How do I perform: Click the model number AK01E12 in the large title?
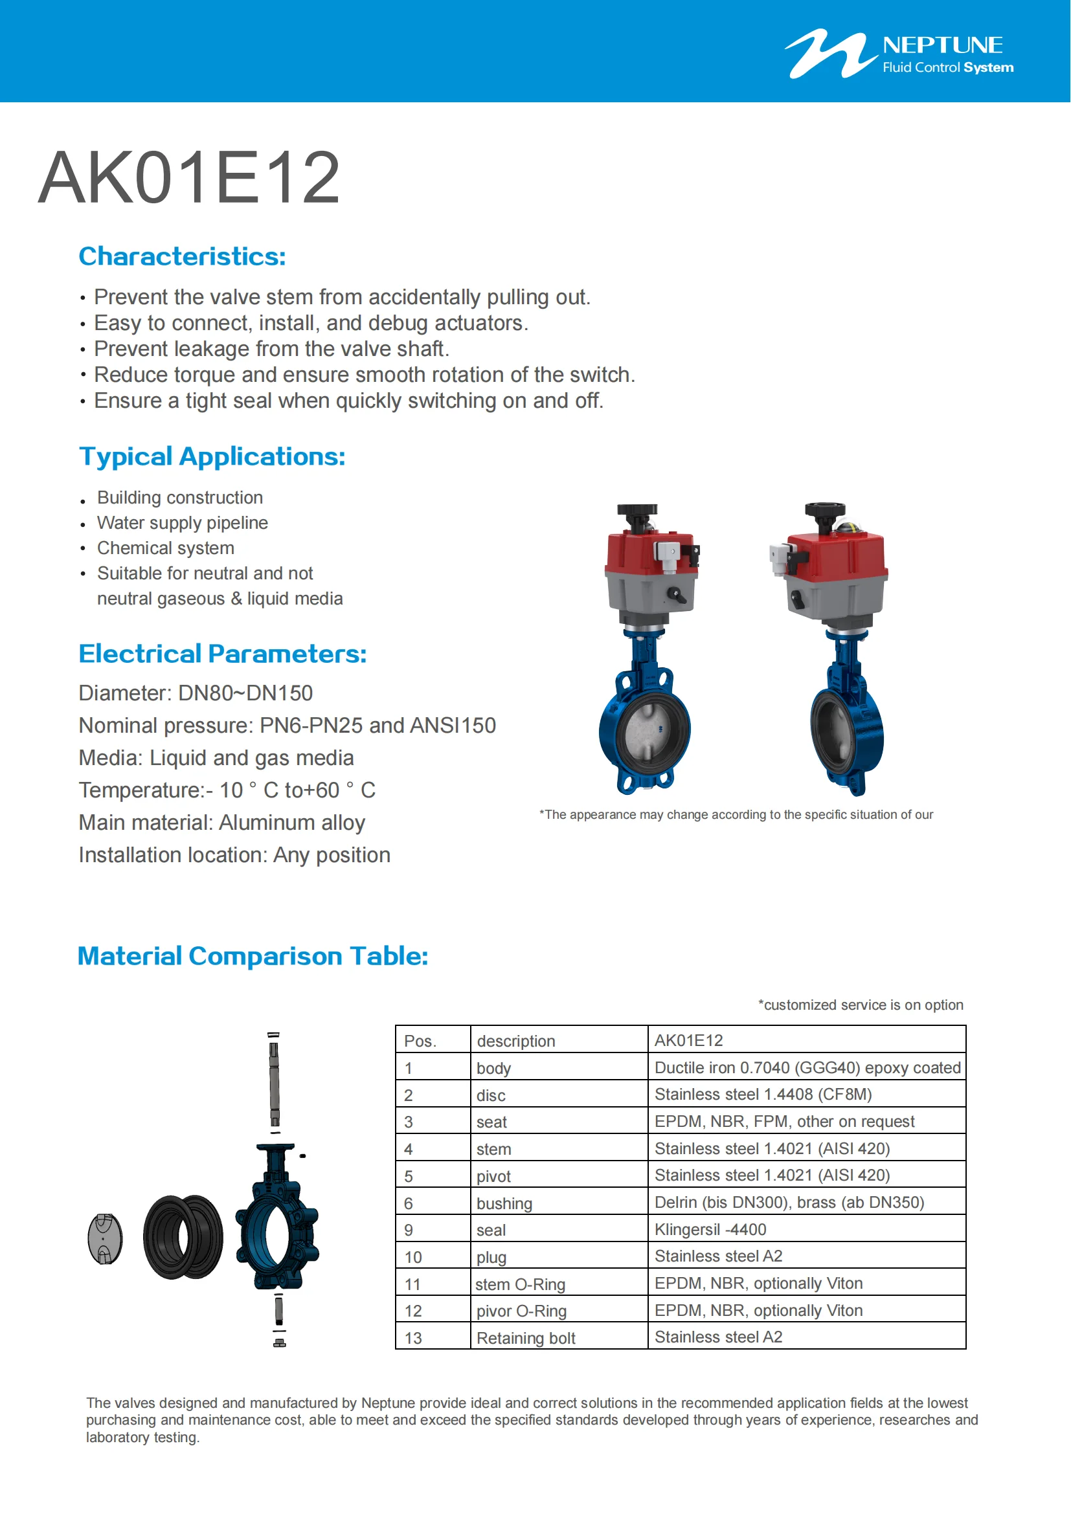[188, 178]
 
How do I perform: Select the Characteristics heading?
[182, 256]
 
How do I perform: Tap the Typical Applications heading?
[212, 456]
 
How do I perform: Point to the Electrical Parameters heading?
[222, 654]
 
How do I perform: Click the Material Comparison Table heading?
[253, 956]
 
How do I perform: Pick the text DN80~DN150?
[245, 693]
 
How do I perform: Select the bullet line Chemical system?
[166, 548]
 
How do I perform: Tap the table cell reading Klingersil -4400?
[710, 1230]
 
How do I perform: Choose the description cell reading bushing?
[504, 1203]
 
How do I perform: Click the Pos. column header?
[420, 1041]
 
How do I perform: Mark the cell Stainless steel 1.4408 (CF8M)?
[763, 1095]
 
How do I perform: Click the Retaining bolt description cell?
[526, 1338]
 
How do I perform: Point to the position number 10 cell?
[413, 1258]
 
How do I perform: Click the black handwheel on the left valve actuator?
[637, 512]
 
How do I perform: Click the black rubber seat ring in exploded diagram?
[183, 1237]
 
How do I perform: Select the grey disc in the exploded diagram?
[106, 1238]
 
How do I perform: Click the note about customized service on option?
[861, 1005]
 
